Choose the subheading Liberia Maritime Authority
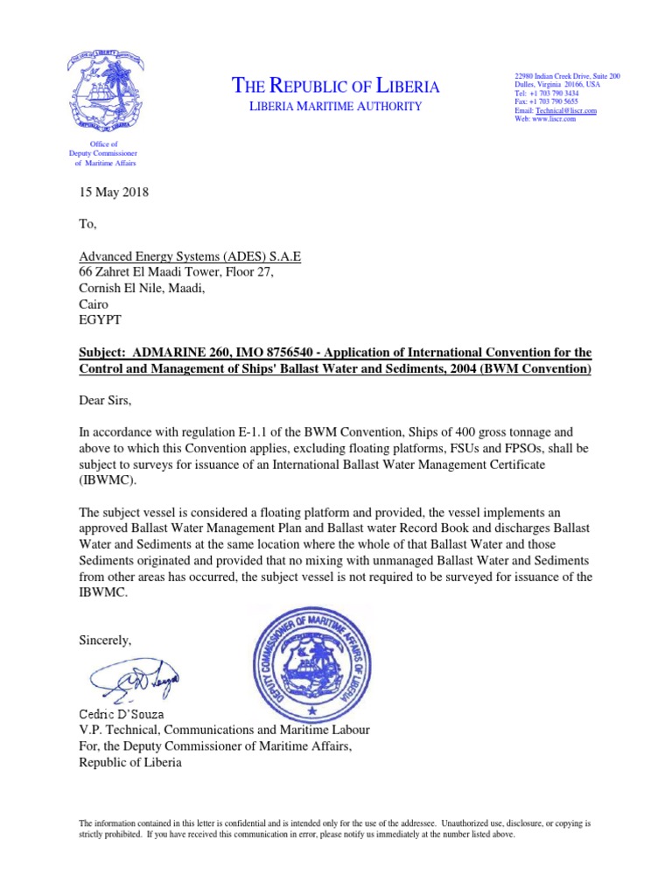[x=336, y=107]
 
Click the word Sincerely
[x=106, y=640]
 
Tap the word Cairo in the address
[x=94, y=304]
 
